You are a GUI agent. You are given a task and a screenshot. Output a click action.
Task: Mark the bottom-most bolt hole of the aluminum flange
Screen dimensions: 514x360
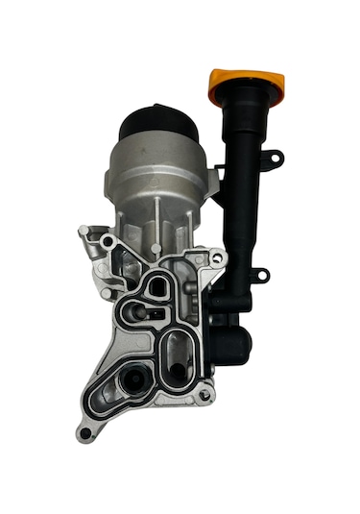pyautogui.click(x=85, y=433)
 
